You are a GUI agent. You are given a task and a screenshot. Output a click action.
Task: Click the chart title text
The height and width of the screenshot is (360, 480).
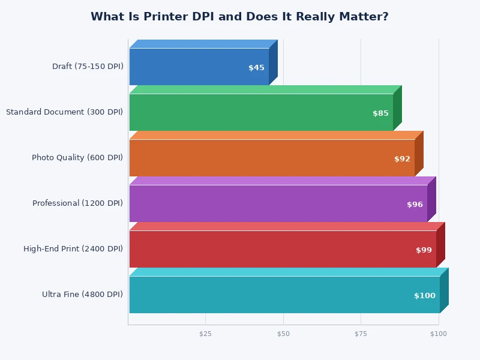point(239,17)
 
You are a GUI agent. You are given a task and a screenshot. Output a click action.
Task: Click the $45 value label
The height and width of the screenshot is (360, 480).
point(256,68)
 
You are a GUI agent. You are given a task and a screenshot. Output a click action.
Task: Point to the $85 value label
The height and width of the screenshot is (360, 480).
point(380,113)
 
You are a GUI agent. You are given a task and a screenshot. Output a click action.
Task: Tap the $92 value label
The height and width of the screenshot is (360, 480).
point(402,159)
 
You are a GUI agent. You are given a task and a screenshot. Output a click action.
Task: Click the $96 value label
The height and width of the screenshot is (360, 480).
point(415,205)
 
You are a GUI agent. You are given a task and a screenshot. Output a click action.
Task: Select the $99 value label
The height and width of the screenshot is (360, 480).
point(424,250)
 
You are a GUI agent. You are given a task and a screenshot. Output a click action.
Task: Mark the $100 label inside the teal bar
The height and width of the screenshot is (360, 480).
point(425,296)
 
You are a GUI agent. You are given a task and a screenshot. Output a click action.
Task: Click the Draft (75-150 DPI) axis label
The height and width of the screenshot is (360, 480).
point(88,67)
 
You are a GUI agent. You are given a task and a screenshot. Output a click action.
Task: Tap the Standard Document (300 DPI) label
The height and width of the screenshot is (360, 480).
point(64,112)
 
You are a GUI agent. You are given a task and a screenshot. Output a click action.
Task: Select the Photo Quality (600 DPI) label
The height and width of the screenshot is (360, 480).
point(77,158)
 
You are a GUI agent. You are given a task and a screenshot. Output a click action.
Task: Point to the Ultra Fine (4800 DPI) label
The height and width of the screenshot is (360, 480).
point(82,295)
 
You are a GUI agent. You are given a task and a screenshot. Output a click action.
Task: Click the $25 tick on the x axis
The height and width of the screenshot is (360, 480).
point(205,334)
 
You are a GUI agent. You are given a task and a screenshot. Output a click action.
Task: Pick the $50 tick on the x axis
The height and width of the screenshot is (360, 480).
point(283,334)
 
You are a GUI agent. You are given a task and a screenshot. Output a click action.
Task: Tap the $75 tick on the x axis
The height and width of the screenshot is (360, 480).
point(361,334)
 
